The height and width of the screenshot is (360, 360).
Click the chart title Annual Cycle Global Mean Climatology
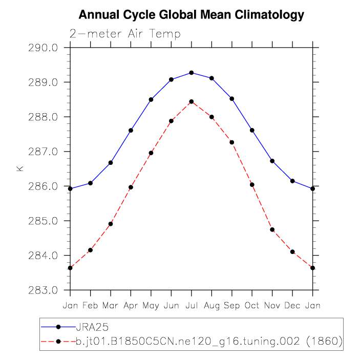[x=191, y=15]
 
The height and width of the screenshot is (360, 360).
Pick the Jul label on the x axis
[x=192, y=306]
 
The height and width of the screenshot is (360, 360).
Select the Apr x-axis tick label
[x=131, y=306]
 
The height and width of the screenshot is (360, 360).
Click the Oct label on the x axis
[x=252, y=306]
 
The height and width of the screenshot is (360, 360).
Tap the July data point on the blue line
[x=192, y=73]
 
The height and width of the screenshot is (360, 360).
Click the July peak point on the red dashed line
[x=192, y=101]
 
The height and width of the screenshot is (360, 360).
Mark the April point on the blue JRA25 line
[x=131, y=131]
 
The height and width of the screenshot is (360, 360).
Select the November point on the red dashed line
[x=272, y=229]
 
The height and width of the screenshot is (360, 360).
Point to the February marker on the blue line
[x=91, y=183]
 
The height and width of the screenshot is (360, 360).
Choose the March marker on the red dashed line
[x=111, y=224]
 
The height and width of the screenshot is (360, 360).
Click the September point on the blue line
[x=232, y=98]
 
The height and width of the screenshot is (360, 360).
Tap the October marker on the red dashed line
[x=252, y=184]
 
